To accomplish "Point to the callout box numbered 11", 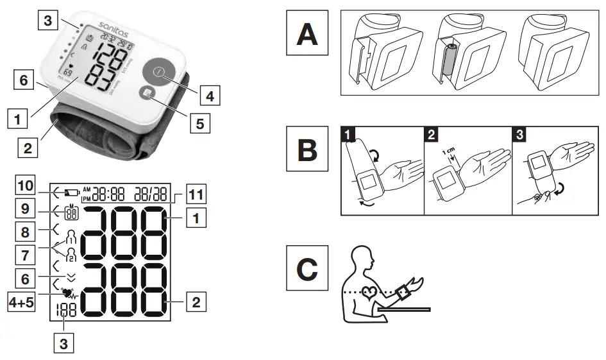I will (196, 193).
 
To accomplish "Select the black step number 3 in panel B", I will (519, 135).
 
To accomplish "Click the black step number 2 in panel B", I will (432, 135).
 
